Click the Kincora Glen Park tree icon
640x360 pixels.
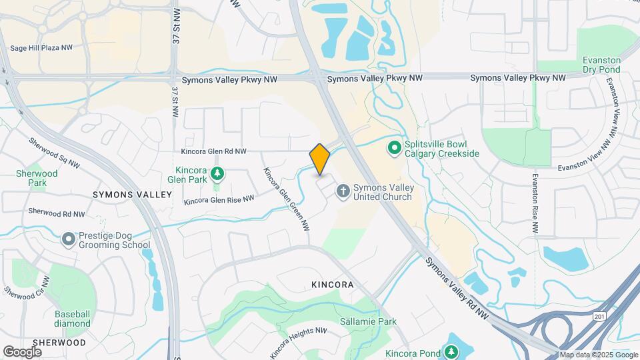217,175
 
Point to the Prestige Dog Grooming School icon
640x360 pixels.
68,239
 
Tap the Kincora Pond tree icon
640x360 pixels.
452,351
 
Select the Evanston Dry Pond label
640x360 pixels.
601,64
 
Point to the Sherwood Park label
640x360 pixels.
37,178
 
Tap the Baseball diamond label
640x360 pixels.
73,319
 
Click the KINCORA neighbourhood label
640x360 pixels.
331,285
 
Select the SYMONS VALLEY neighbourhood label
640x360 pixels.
132,194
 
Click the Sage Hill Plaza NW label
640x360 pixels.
41,48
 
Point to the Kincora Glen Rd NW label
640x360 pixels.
213,152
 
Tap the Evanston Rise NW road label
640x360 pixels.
535,203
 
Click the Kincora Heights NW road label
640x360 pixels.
298,340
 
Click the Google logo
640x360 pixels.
22,351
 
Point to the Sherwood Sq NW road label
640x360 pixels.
55,153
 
